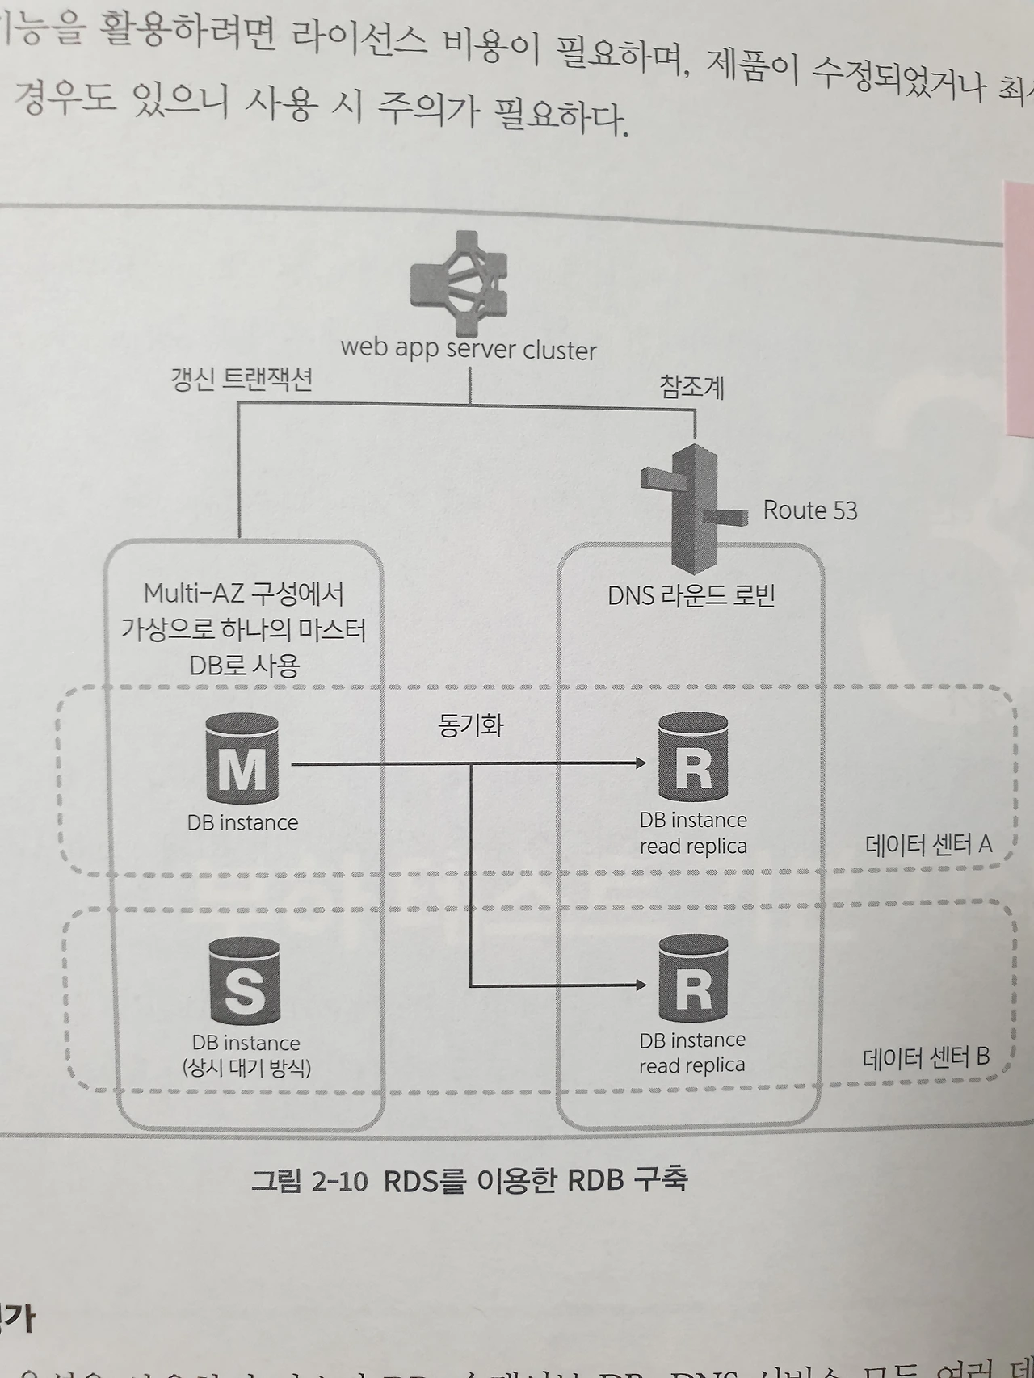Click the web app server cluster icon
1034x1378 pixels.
coord(460,284)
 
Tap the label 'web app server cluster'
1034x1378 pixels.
coord(469,349)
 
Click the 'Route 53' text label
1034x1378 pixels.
coord(809,510)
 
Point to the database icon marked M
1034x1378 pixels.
coord(242,759)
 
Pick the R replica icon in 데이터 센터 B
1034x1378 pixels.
coord(693,979)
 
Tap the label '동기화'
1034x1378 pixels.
coord(471,725)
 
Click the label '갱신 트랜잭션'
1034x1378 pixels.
coord(242,380)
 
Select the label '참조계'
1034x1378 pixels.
coord(691,388)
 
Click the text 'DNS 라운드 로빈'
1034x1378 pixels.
coord(691,596)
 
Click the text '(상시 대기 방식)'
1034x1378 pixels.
coord(246,1068)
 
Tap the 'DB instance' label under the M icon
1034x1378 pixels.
coord(242,822)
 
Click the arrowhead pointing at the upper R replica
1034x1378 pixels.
coord(641,763)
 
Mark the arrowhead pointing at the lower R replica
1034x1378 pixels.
coord(641,984)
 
